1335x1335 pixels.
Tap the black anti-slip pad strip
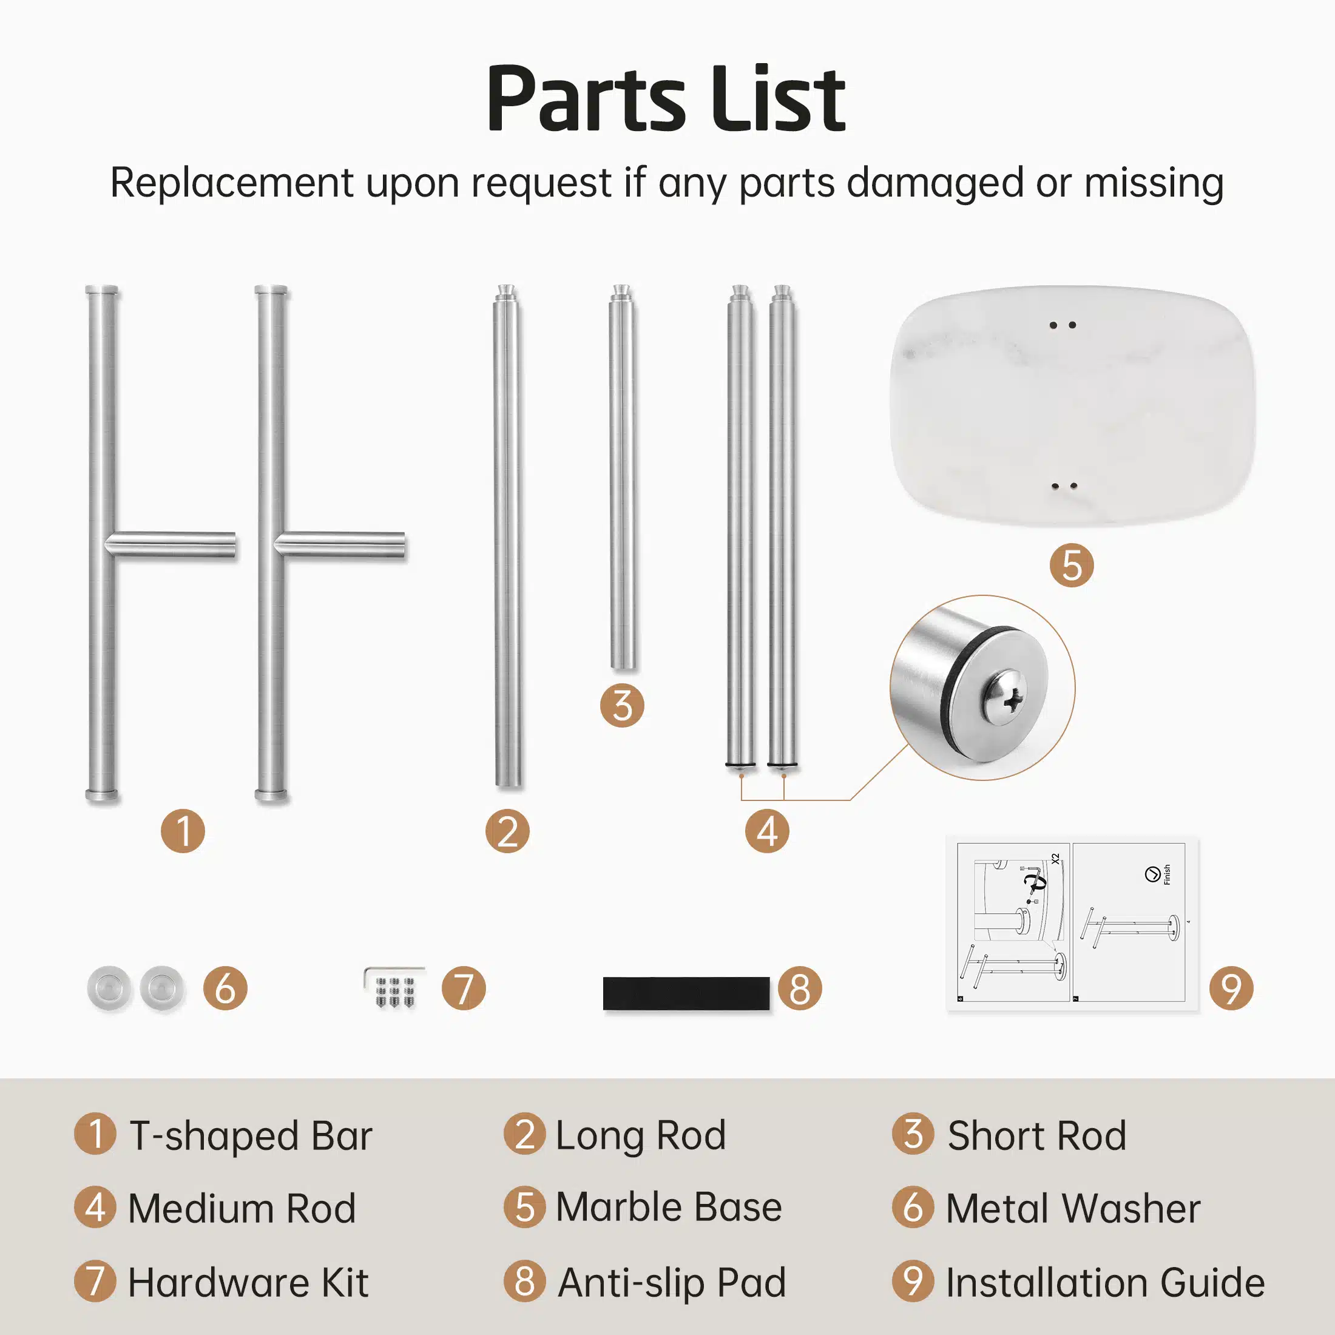point(686,993)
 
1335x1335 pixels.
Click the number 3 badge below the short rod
point(622,706)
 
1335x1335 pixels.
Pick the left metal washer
point(109,988)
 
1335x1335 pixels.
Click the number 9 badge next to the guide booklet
point(1231,988)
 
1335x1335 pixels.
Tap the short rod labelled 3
point(622,477)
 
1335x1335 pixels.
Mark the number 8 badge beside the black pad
point(799,988)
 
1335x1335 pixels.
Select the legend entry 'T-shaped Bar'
point(251,1135)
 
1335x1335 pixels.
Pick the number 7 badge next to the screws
point(464,988)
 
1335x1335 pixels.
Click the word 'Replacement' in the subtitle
point(233,183)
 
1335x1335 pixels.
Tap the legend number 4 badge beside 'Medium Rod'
point(95,1206)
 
